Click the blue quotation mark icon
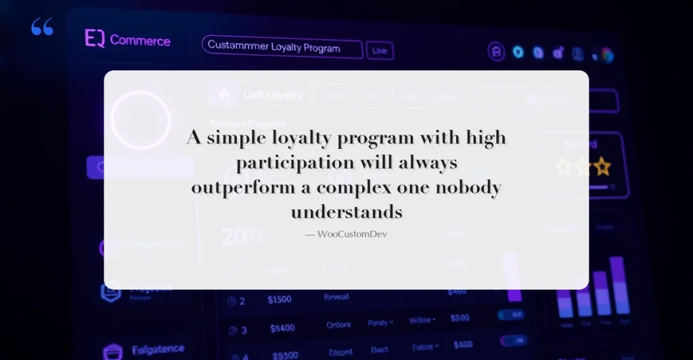(42, 27)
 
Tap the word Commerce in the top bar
(140, 41)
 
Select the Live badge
(380, 50)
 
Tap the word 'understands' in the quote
(346, 212)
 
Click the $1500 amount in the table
(280, 300)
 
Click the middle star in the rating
(583, 166)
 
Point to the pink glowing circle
(140, 120)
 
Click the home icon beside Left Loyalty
(224, 95)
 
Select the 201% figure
(243, 238)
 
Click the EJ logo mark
(94, 39)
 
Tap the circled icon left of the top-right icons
(497, 51)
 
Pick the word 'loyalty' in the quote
(302, 139)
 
